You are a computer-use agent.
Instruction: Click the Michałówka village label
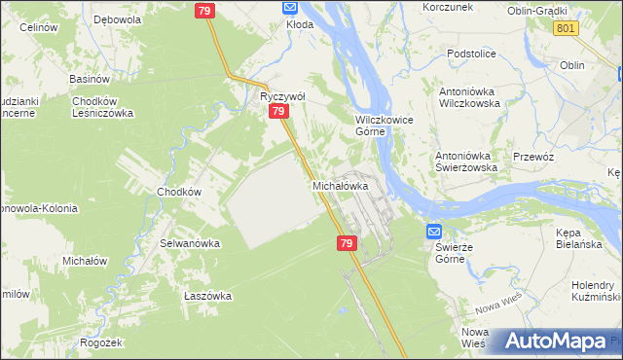pos(340,185)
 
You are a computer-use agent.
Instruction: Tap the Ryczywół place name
pos(281,96)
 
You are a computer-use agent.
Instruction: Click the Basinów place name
pos(88,79)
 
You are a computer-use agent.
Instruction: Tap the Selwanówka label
pos(190,242)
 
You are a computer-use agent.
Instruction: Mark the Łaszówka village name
pos(206,296)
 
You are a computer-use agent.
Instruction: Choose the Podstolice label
pos(471,54)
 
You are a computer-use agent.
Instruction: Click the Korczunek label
pos(447,7)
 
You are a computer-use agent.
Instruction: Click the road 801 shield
pos(566,29)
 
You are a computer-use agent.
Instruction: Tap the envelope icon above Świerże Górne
pos(434,232)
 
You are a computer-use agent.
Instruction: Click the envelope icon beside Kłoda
pos(289,7)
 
